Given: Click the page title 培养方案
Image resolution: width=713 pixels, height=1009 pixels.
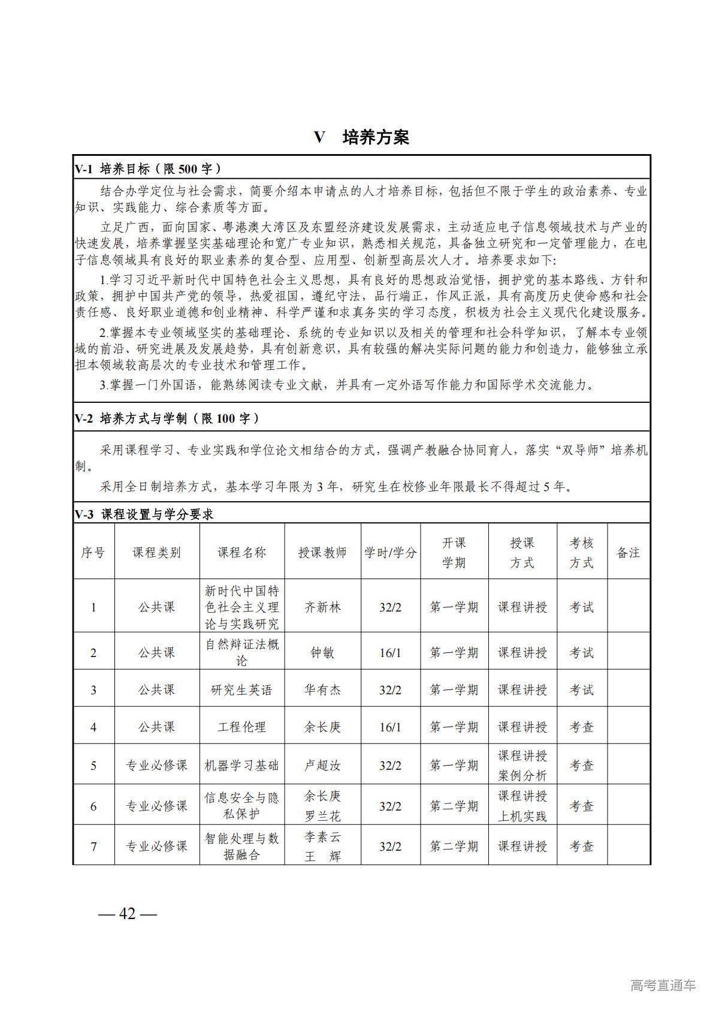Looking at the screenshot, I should pos(375,137).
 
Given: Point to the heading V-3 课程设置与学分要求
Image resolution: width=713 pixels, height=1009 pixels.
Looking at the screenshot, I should pos(144,514).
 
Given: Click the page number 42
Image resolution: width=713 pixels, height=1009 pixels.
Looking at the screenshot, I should pos(128,913).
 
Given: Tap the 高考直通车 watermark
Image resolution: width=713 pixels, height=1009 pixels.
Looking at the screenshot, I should pos(663,984).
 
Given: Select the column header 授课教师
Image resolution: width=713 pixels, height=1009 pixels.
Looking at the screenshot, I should pos(322,552).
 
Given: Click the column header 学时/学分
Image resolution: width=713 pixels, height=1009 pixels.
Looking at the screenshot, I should pos(390,552).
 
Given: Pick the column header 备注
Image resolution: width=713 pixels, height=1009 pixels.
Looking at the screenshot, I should pos(628,552).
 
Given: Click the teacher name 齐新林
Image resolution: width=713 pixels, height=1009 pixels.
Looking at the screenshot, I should pos(322,607).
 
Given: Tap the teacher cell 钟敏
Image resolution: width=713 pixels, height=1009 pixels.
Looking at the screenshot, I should pos(322,652).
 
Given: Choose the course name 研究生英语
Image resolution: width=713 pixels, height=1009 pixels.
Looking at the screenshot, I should pos(241,689).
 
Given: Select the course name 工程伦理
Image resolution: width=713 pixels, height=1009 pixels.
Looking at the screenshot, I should pos(241,727).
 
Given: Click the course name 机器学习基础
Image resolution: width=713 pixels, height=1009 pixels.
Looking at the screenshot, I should pos(241,765).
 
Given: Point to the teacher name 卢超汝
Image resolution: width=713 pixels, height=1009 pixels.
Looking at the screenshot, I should pos(322,765).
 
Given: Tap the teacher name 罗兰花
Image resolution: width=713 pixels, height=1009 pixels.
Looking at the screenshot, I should pos(322,815).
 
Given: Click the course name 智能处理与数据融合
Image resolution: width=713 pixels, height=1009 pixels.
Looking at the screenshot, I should pos(241,846).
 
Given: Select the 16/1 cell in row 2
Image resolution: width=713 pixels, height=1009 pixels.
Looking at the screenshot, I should pos(390,652).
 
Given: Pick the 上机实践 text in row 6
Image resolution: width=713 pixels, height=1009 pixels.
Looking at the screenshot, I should pos(522,815).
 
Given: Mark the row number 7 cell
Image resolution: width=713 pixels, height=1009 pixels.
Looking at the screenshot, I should pos(93,846).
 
